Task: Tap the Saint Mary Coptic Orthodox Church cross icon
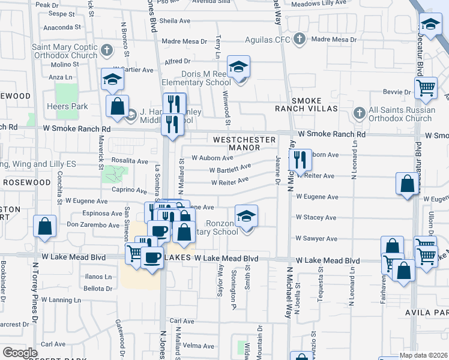tap(107, 49)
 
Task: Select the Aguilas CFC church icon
tap(299, 40)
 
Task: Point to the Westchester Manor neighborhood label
tap(244, 143)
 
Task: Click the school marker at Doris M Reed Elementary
tap(238, 67)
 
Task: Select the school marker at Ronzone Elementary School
tap(246, 216)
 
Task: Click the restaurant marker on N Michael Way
tap(300, 160)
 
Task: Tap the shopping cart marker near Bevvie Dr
tap(426, 88)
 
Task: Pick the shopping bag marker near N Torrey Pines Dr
tap(45, 227)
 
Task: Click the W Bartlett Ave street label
tap(230, 169)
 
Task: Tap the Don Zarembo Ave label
tap(93, 225)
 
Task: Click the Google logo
tap(20, 353)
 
